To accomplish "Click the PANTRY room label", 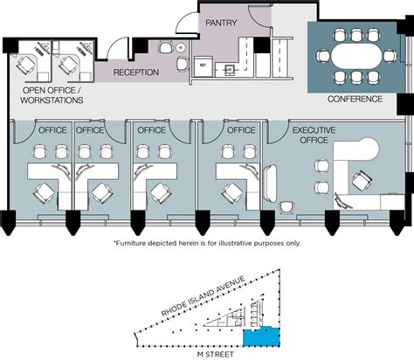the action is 221,23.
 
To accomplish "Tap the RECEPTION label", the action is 136,73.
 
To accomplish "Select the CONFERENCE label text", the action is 355,99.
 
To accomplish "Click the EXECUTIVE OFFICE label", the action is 314,135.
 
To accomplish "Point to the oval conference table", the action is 356,55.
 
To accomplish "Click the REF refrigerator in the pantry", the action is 204,66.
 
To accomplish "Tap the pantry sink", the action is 230,70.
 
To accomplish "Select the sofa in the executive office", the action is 270,183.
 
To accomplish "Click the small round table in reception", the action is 181,47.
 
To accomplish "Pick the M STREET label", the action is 216,355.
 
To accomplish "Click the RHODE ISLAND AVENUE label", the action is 204,296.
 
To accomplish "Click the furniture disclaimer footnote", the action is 207,243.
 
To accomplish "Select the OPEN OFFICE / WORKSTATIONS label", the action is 52,95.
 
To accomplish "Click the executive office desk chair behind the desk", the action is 362,180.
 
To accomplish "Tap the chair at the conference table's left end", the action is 323,56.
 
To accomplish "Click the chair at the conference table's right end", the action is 390,56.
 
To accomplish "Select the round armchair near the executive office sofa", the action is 287,208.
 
